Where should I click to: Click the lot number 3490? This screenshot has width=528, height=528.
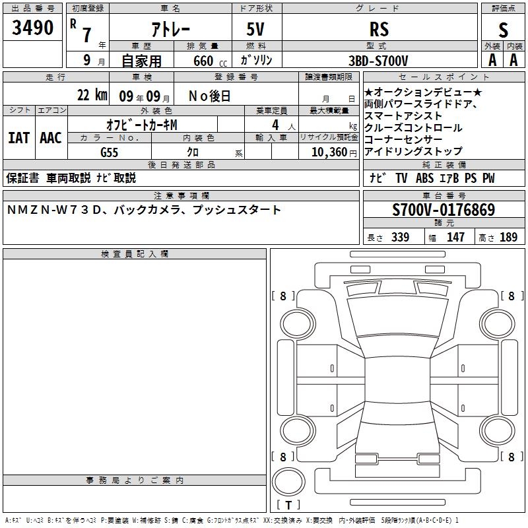pyautogui.click(x=32, y=28)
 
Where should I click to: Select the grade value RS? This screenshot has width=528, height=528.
pyautogui.click(x=379, y=29)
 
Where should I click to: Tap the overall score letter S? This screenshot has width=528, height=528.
pyautogui.click(x=503, y=30)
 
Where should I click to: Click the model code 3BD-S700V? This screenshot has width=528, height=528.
pyautogui.click(x=378, y=61)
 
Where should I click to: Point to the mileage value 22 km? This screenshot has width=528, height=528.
pyautogui.click(x=92, y=95)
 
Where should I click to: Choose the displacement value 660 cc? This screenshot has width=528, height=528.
pyautogui.click(x=210, y=61)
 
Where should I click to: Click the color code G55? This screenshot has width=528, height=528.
pyautogui.click(x=109, y=152)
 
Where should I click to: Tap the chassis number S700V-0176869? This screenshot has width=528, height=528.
pyautogui.click(x=444, y=210)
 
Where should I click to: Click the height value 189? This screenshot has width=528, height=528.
pyautogui.click(x=508, y=238)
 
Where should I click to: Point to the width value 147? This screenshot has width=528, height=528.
pyautogui.click(x=455, y=238)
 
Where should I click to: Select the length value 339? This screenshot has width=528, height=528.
pyautogui.click(x=400, y=238)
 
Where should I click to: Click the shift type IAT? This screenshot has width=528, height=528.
pyautogui.click(x=19, y=138)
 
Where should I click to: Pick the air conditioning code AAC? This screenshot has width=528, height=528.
pyautogui.click(x=51, y=138)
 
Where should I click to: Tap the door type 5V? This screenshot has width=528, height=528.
pyautogui.click(x=255, y=29)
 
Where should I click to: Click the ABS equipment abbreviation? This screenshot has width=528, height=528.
pyautogui.click(x=424, y=178)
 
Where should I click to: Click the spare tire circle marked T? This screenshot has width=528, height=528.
pyautogui.click(x=288, y=482)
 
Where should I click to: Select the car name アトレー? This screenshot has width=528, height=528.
pyautogui.click(x=171, y=29)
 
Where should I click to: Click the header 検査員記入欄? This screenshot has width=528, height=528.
pyautogui.click(x=135, y=254)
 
